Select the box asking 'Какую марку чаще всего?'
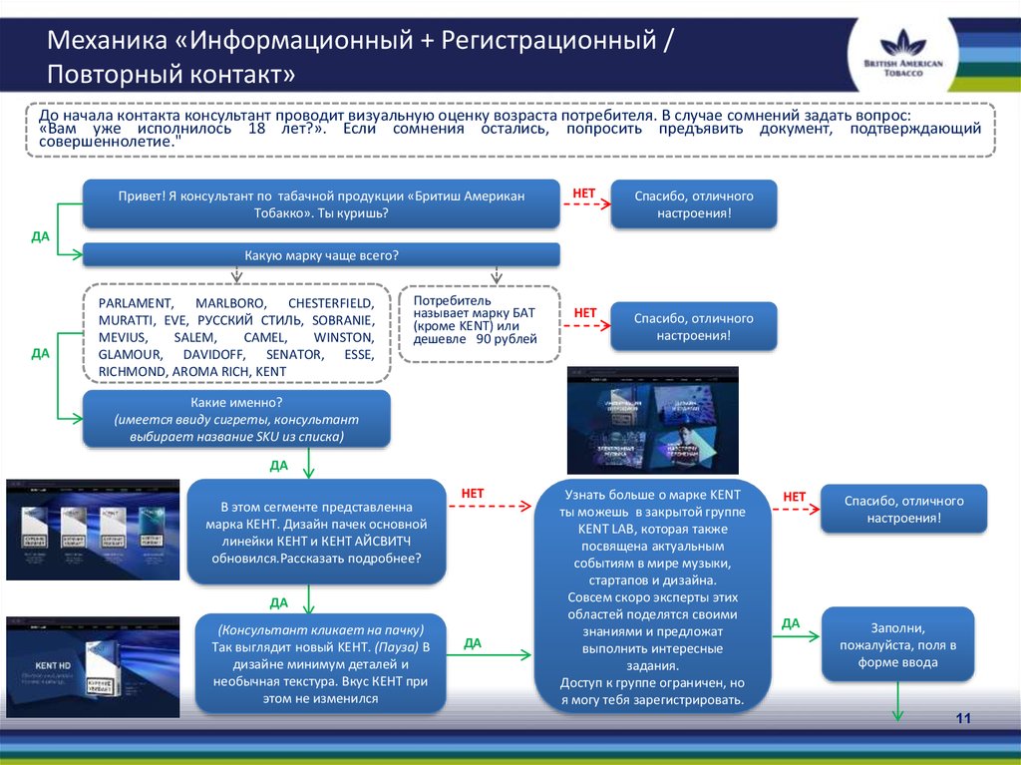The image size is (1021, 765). click(321, 256)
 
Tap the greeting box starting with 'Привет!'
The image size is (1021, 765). click(321, 204)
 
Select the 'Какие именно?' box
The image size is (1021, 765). click(236, 418)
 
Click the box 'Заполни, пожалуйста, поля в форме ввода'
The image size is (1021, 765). click(898, 644)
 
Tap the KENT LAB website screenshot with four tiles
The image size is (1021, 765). click(653, 420)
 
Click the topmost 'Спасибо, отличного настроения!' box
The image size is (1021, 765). click(694, 204)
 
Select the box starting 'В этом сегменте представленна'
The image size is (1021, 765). click(315, 531)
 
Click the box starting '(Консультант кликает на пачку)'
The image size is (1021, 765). click(320, 663)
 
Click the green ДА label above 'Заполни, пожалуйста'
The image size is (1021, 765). click(791, 623)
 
